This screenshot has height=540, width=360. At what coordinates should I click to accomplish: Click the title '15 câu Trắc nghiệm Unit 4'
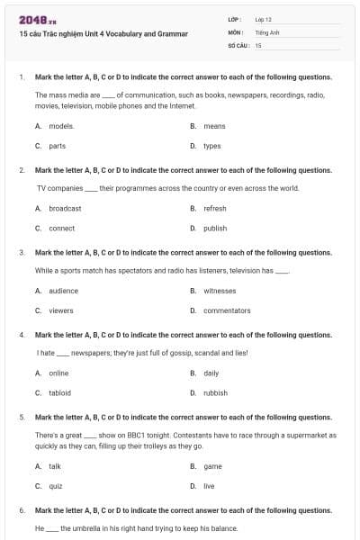click(x=103, y=34)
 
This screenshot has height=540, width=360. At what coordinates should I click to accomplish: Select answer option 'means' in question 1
click(x=214, y=127)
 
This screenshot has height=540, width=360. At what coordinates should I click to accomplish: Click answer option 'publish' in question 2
click(x=215, y=229)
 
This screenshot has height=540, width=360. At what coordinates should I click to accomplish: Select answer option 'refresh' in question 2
click(x=215, y=209)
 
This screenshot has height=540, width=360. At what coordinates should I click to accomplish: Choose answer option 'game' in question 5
click(x=213, y=466)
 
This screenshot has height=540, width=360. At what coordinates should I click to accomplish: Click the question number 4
click(x=21, y=335)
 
